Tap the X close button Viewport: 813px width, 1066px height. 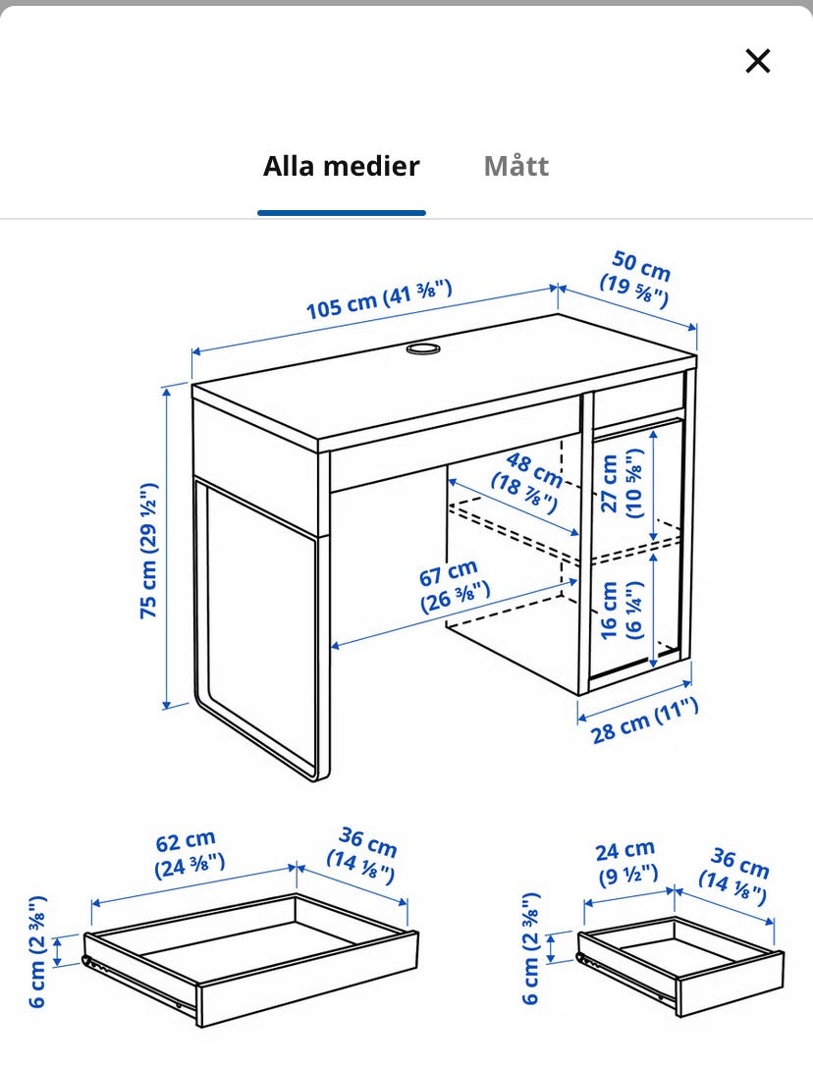pos(757,61)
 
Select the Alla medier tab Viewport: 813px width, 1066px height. pos(341,166)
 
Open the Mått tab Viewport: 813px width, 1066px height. pos(515,166)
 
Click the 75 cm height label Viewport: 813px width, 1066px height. pos(148,550)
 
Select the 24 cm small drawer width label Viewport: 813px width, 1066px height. pos(625,860)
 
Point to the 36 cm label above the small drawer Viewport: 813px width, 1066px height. pos(736,872)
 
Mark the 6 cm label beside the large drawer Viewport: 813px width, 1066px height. pos(37,951)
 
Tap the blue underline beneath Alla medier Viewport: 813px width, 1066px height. pos(341,212)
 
